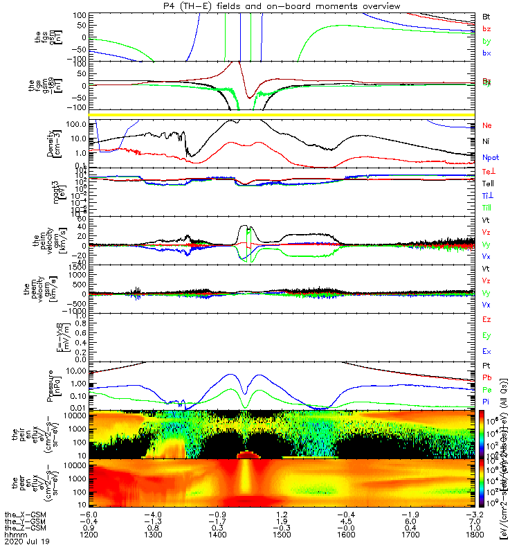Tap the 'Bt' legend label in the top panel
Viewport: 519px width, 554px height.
pyautogui.click(x=486, y=16)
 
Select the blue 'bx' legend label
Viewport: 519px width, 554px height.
pyautogui.click(x=486, y=53)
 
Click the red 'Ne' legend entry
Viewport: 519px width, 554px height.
pyautogui.click(x=487, y=125)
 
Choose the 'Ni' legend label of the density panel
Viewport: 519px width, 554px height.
pyautogui.click(x=486, y=142)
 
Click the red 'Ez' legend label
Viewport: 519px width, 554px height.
pyautogui.click(x=486, y=319)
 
